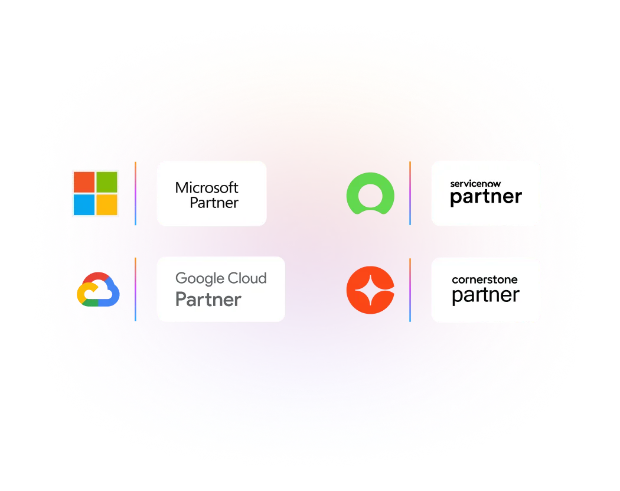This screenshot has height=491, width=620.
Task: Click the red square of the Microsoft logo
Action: tap(84, 182)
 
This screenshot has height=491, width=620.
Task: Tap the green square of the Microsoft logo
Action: tap(107, 182)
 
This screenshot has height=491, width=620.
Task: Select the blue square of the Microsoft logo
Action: tap(84, 204)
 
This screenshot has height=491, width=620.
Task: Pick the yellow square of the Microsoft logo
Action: tap(107, 204)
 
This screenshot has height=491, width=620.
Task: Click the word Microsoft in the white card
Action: tap(207, 188)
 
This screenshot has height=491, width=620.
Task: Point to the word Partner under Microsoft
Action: tap(214, 203)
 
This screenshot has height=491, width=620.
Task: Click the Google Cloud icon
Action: tap(98, 289)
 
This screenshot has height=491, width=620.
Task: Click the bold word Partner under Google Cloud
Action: tap(208, 299)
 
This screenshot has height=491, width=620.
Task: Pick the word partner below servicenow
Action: tap(486, 197)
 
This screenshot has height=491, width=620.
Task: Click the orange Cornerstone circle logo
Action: tap(370, 290)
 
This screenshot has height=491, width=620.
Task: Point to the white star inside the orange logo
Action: tap(370, 290)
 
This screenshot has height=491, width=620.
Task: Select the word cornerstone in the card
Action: tap(484, 279)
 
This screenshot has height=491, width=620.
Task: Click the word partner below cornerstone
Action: tap(485, 295)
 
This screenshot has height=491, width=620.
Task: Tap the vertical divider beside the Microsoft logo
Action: tap(136, 193)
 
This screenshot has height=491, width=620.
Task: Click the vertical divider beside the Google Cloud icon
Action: tap(136, 289)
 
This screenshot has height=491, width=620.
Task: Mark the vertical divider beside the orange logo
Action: tap(410, 290)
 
